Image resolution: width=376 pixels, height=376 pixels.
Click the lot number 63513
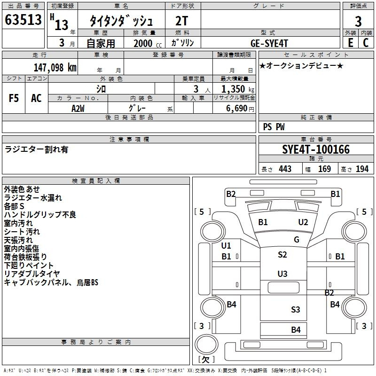click(23, 19)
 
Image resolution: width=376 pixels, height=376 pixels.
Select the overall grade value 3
click(358, 21)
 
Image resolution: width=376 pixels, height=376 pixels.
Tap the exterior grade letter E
click(350, 43)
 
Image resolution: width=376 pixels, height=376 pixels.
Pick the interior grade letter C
click(366, 43)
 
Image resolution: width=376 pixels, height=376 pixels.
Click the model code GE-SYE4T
click(269, 43)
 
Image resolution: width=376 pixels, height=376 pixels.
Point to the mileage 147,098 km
click(55, 68)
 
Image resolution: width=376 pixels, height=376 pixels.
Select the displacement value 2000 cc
click(148, 44)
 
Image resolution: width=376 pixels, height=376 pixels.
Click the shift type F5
click(14, 98)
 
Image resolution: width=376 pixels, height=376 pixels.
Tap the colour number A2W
click(78, 109)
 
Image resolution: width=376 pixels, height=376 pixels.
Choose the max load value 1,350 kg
click(238, 89)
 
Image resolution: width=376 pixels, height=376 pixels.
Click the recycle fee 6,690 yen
click(240, 109)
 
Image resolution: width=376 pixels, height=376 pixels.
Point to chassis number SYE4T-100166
click(316, 149)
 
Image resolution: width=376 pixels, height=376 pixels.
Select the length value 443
click(285, 169)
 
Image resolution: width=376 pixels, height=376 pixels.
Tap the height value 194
click(362, 169)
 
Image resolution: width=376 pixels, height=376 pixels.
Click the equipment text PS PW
click(274, 127)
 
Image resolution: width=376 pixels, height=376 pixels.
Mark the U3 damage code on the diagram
click(282, 274)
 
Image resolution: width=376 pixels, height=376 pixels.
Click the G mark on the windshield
click(297, 239)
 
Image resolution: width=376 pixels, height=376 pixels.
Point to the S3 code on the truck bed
click(296, 310)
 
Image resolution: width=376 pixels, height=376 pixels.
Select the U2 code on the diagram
click(303, 222)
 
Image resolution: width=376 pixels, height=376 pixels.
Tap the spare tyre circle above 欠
click(206, 345)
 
